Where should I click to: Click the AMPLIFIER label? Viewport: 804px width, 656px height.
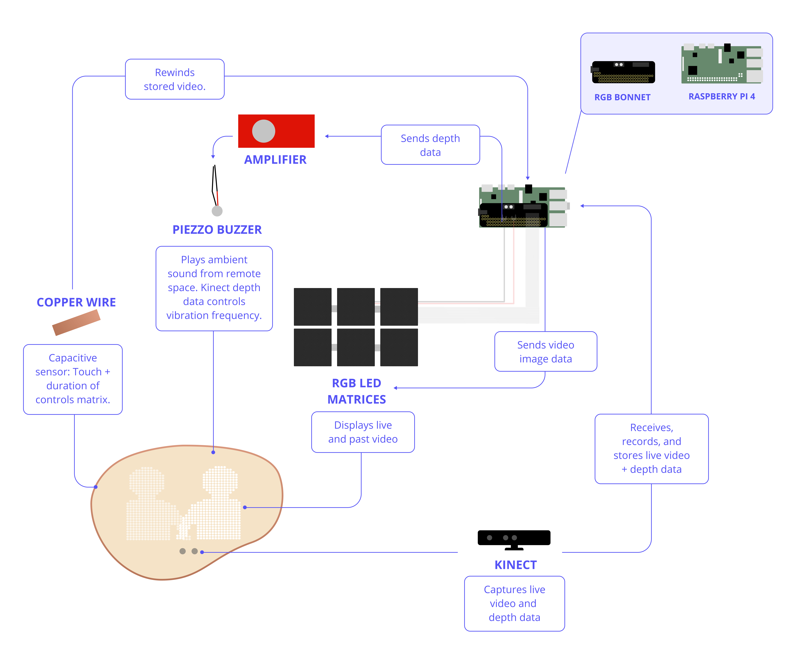pyautogui.click(x=275, y=160)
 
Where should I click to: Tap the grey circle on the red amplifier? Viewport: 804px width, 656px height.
pyautogui.click(x=264, y=131)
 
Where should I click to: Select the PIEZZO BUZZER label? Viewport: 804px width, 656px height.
pyautogui.click(x=217, y=230)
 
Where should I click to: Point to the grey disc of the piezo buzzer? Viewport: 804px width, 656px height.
pyautogui.click(x=217, y=211)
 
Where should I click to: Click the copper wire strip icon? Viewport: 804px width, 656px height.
pyautogui.click(x=76, y=322)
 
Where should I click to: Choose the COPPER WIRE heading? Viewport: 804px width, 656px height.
pyautogui.click(x=76, y=302)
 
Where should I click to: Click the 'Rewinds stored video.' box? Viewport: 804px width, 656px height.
pyautogui.click(x=175, y=79)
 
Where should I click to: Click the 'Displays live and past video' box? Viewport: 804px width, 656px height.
pyautogui.click(x=363, y=432)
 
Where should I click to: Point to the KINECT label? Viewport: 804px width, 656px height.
pyautogui.click(x=516, y=565)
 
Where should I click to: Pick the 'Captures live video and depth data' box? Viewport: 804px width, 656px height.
pyautogui.click(x=514, y=604)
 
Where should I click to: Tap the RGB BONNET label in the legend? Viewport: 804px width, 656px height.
pyautogui.click(x=622, y=97)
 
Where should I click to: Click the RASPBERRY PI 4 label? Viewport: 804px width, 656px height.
pyautogui.click(x=722, y=97)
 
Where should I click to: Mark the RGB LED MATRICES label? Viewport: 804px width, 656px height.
pyautogui.click(x=356, y=391)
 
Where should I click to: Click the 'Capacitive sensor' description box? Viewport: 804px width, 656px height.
pyautogui.click(x=73, y=379)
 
